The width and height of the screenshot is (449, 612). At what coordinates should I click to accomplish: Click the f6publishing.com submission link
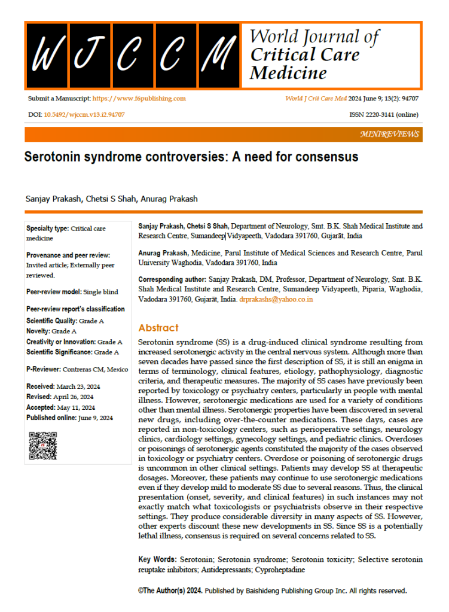click(x=139, y=98)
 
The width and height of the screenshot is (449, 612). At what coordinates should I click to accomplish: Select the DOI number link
click(x=84, y=114)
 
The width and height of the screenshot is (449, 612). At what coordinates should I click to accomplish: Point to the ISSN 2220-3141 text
click(x=383, y=114)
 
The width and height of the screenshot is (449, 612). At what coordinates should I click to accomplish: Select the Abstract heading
click(x=158, y=328)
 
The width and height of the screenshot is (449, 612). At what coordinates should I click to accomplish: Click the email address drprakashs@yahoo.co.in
click(x=276, y=299)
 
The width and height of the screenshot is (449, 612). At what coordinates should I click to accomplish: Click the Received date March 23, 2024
click(x=75, y=386)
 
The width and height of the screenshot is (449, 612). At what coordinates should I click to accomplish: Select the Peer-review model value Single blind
click(x=100, y=292)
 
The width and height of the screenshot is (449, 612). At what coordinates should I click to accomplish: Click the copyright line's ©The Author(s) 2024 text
click(x=170, y=590)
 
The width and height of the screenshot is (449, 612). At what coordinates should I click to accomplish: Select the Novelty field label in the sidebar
click(x=39, y=331)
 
